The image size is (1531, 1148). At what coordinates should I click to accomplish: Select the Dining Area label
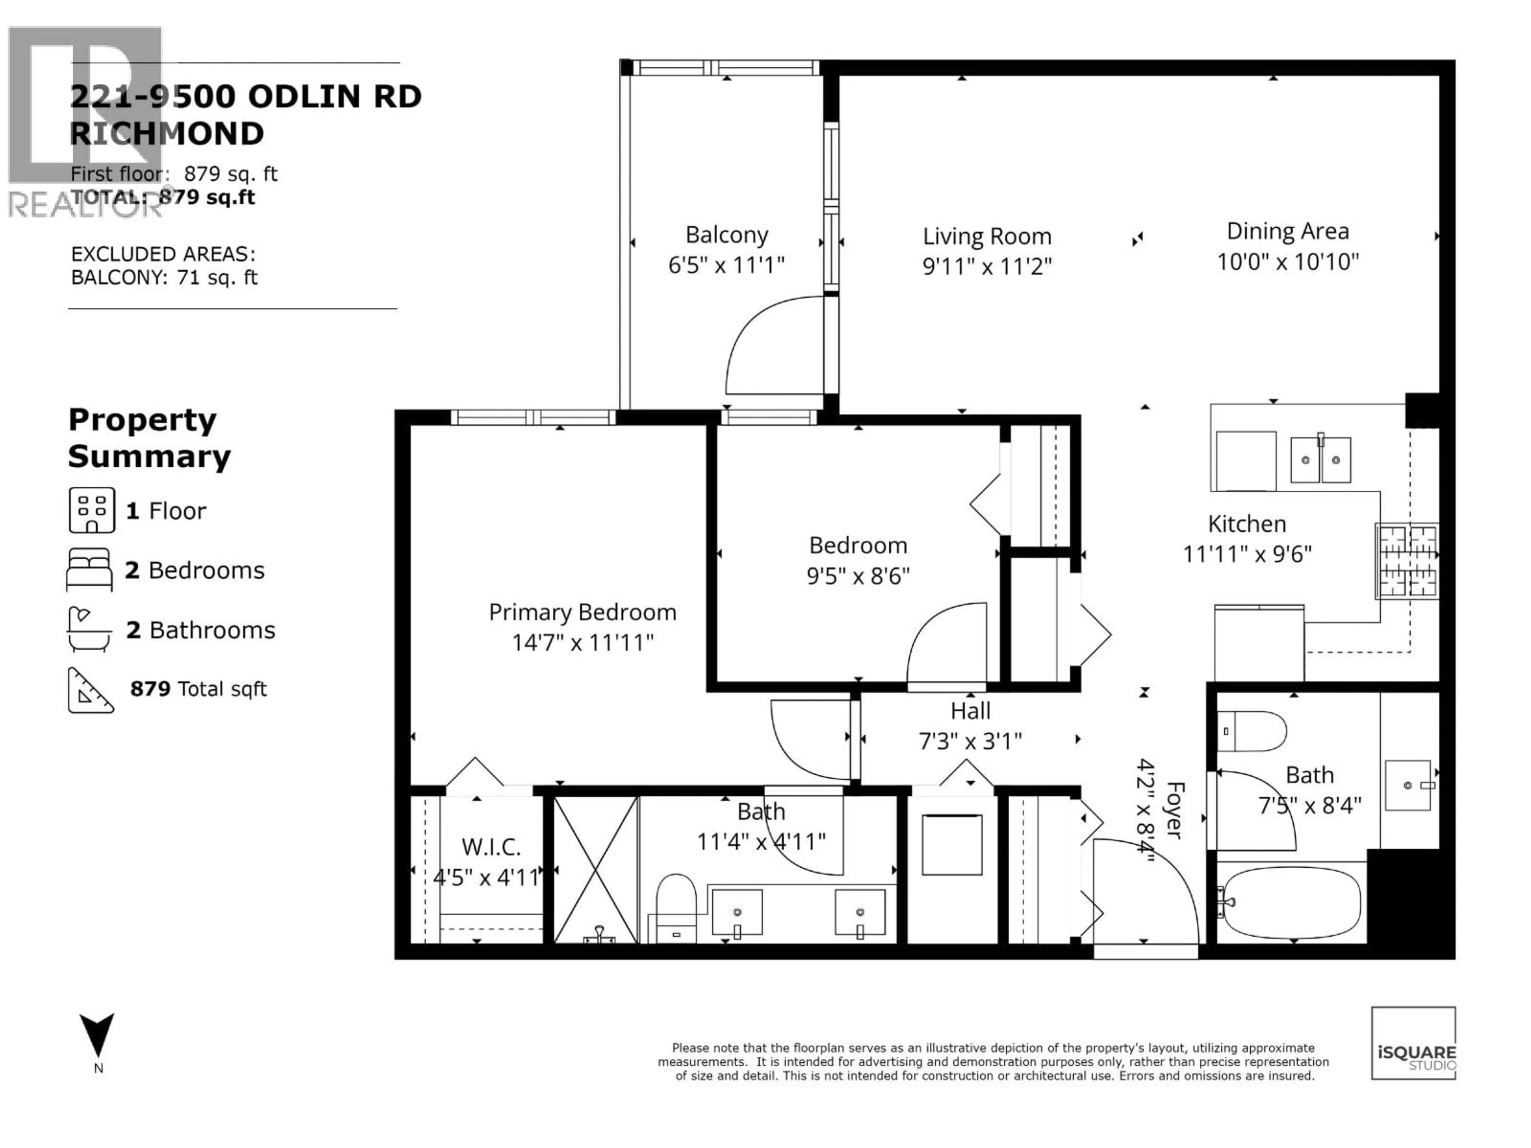click(1287, 231)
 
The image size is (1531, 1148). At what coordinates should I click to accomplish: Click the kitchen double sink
click(1320, 460)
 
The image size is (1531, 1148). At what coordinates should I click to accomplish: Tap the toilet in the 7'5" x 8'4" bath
click(1251, 731)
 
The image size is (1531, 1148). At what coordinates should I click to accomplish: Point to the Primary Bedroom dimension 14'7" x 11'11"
click(582, 643)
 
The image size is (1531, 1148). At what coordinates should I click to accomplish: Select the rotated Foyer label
click(1175, 810)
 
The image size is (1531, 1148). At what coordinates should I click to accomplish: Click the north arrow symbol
click(97, 1034)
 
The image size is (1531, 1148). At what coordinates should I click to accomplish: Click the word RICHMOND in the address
click(167, 134)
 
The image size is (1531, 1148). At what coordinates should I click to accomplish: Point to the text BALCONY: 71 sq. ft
click(164, 277)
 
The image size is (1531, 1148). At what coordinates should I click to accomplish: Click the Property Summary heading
click(149, 438)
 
